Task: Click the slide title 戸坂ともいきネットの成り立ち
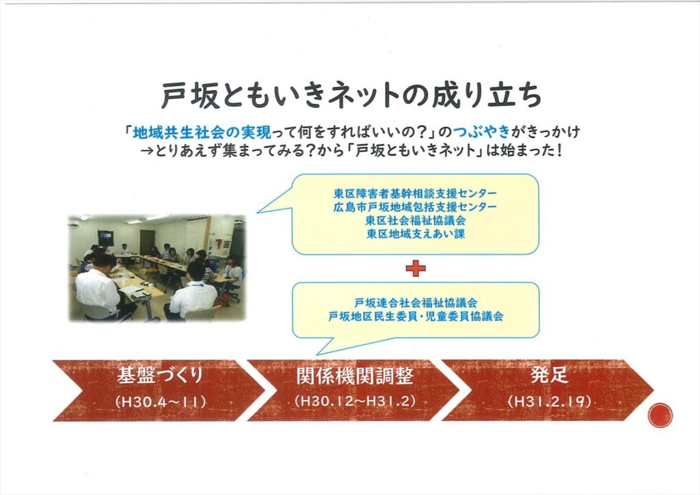(x=351, y=95)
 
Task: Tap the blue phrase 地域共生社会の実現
(x=202, y=132)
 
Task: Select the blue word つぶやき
(x=482, y=132)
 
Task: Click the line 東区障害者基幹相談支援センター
(x=415, y=193)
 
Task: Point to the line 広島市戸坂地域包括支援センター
(x=415, y=207)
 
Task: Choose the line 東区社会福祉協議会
(x=415, y=221)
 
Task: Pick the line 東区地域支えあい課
(x=415, y=234)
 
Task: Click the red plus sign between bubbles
(x=416, y=268)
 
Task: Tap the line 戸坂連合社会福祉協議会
(x=416, y=303)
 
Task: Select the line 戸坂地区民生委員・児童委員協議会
(x=416, y=317)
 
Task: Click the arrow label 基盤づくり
(x=160, y=375)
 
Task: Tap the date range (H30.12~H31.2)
(x=355, y=401)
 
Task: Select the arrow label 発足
(x=549, y=375)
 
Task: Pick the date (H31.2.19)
(x=549, y=401)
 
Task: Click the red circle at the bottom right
(x=660, y=415)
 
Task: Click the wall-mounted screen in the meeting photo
(x=106, y=237)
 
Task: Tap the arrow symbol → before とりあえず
(x=148, y=150)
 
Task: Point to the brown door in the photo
(x=148, y=242)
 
